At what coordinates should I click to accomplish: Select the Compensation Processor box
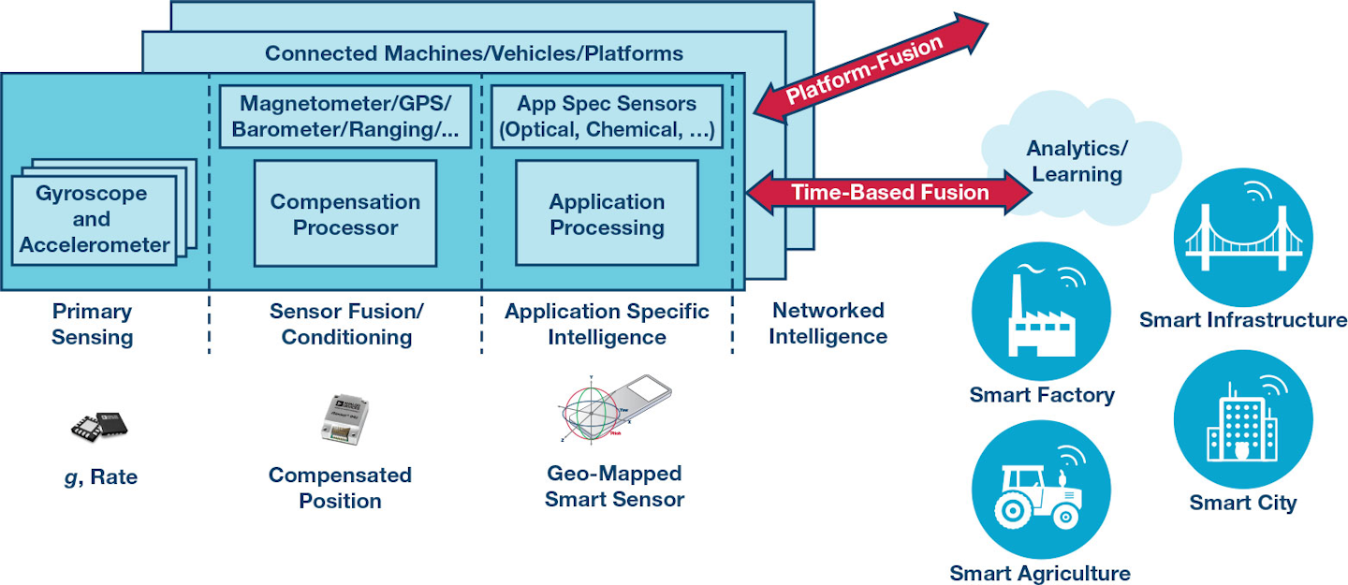pos(345,213)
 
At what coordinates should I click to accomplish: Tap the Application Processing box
pos(607,213)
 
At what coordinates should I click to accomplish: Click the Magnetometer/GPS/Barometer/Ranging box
pos(345,117)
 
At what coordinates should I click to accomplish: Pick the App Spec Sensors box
pos(607,117)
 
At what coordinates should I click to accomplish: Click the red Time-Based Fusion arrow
pos(889,192)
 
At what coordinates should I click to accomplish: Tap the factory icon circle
pos(1041,313)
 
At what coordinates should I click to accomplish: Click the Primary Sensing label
pos(92,324)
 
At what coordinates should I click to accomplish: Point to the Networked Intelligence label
pos(828,323)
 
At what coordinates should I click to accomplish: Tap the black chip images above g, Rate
pos(98,426)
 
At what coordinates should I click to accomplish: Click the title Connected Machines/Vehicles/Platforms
pos(474,52)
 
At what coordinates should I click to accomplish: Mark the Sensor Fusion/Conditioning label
pos(346,324)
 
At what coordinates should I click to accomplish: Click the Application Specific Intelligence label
pos(607,324)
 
